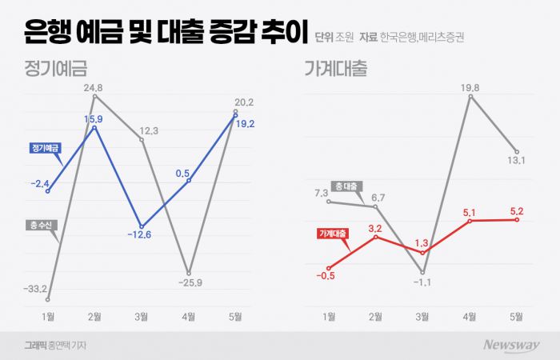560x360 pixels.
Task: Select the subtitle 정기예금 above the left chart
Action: tap(55, 69)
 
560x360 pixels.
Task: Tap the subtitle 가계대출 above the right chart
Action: tap(335, 69)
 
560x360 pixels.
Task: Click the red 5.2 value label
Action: tap(517, 211)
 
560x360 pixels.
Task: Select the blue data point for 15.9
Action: tap(95, 127)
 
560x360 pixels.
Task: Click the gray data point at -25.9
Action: tap(189, 273)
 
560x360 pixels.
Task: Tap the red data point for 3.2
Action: tap(376, 238)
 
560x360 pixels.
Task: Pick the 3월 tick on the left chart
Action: tap(142, 317)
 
